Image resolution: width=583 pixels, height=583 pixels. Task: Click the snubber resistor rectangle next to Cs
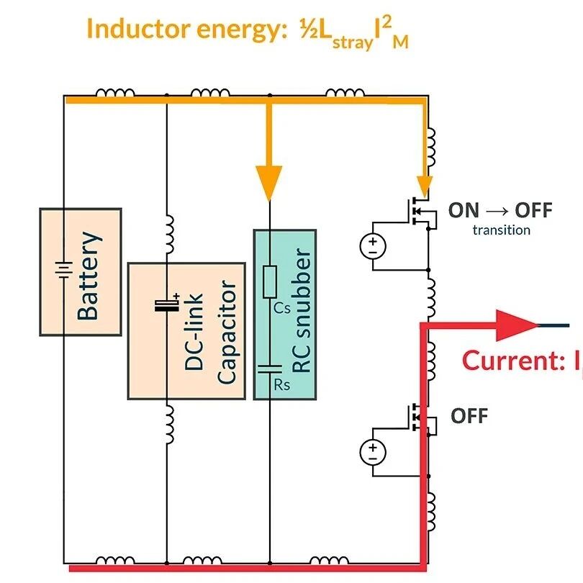pyautogui.click(x=270, y=282)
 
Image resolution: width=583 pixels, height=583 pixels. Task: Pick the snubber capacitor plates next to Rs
pyautogui.click(x=270, y=368)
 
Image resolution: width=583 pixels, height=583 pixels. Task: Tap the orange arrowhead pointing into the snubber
pyautogui.click(x=270, y=185)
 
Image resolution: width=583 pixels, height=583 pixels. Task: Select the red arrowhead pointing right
pyautogui.click(x=518, y=325)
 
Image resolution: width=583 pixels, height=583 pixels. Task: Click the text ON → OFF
pyautogui.click(x=500, y=210)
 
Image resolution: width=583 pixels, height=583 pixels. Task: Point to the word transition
pyautogui.click(x=501, y=230)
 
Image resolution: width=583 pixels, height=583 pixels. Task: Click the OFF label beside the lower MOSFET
pyautogui.click(x=469, y=415)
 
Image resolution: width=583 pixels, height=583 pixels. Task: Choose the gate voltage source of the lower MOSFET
pyautogui.click(x=373, y=452)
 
